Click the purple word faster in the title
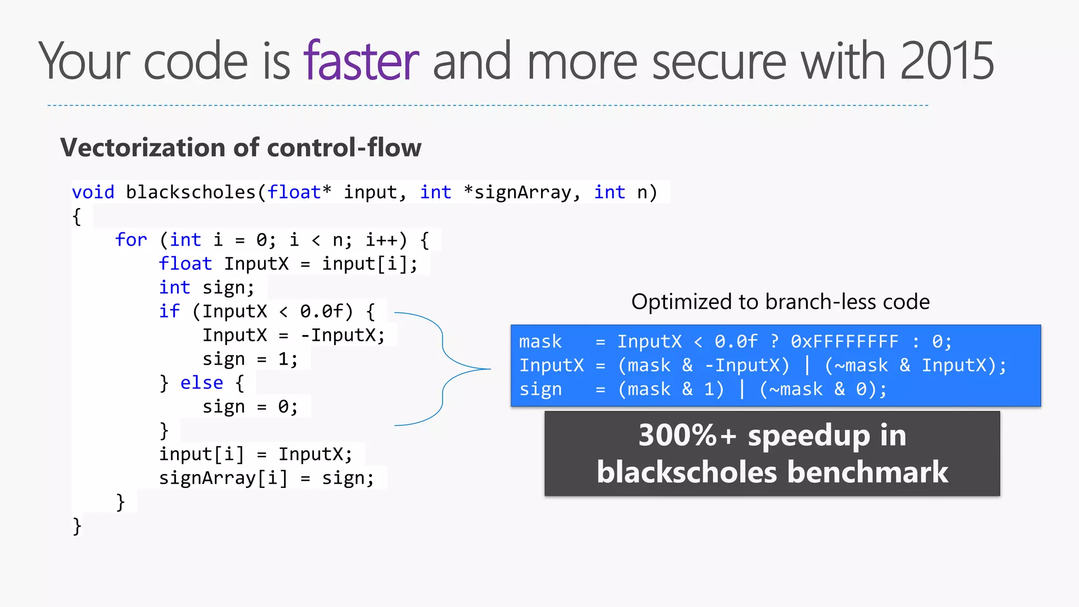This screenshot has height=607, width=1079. [x=361, y=62]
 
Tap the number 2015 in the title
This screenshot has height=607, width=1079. [x=947, y=62]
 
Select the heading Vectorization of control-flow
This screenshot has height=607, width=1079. [x=241, y=148]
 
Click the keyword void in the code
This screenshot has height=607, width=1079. [x=93, y=192]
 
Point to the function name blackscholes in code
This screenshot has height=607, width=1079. [x=190, y=192]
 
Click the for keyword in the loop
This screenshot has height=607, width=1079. [x=131, y=240]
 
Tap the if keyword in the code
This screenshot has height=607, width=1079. [x=169, y=311]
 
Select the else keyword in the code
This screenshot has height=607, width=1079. [x=201, y=383]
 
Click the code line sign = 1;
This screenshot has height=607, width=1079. [x=250, y=359]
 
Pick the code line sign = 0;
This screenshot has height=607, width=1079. [x=250, y=406]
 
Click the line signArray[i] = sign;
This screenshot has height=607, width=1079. [x=267, y=478]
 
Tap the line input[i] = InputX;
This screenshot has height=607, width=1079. [x=256, y=454]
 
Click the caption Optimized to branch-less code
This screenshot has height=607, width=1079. [x=780, y=302]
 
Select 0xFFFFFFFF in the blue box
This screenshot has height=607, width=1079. [x=844, y=341]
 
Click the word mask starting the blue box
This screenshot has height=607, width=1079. [x=540, y=341]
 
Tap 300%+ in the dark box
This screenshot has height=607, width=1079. [x=686, y=436]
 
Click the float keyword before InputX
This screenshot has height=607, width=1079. [x=185, y=263]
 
